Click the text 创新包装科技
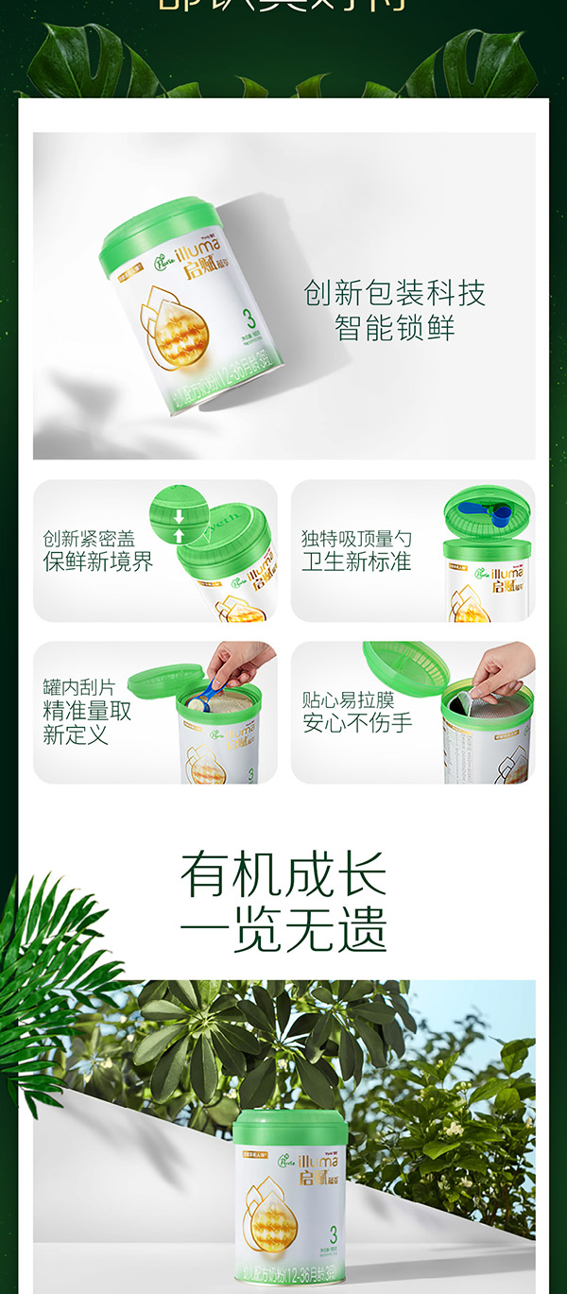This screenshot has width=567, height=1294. [x=394, y=293]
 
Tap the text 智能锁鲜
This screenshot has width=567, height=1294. [x=394, y=328]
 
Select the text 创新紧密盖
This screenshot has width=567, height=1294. [x=89, y=539]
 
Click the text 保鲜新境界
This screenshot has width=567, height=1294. [x=97, y=561]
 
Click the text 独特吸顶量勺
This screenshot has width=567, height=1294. [x=356, y=539]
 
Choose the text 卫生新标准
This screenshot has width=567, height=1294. [x=356, y=561]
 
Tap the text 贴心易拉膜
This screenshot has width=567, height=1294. [x=348, y=700]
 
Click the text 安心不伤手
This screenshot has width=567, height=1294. [x=356, y=723]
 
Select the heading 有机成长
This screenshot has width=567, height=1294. [x=283, y=874]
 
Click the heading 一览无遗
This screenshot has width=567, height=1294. [x=283, y=930]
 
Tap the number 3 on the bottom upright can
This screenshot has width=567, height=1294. [x=334, y=1234]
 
